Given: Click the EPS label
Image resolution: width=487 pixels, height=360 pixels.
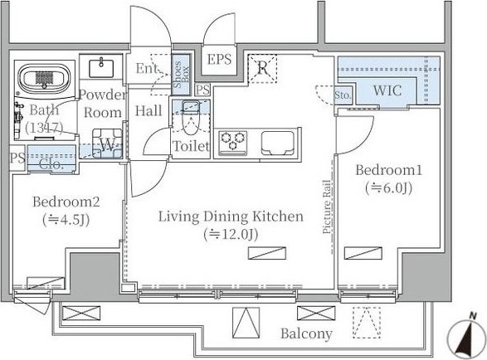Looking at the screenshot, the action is pos(219,59).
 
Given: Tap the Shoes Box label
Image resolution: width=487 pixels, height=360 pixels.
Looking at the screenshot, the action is pos(181,75).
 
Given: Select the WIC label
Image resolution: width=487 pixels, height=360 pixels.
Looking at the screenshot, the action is pos(387,90).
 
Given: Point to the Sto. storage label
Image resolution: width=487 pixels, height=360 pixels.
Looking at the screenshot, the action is pos(343,95).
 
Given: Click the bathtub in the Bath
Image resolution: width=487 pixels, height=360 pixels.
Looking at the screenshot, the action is pos(42,77).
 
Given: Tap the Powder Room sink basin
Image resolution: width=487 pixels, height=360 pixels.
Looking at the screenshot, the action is pos(101,68).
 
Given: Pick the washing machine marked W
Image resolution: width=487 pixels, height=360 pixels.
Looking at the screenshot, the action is pos(107,144).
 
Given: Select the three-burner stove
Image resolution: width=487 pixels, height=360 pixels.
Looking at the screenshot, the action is pos(233,143).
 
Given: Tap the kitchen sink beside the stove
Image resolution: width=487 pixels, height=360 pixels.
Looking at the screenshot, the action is pos(277,143).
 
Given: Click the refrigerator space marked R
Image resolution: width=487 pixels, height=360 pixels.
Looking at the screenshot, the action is pos(262,69).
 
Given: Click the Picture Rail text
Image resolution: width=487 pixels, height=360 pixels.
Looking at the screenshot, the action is pos(327,207).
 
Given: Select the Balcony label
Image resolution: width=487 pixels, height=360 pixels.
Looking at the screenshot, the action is pos(306,333).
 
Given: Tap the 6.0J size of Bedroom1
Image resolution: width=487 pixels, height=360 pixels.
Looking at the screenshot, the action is pos(388,188).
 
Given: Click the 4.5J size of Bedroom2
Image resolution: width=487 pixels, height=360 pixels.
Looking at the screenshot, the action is pos(66,220).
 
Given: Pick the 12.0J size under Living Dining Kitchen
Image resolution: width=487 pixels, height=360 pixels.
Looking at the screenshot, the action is pos(231,235).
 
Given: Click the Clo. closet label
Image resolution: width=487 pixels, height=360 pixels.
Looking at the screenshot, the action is pos(51,164).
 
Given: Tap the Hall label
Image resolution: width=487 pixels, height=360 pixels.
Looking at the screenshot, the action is pos(149,110).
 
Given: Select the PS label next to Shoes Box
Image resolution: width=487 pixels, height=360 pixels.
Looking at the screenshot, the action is pos(202,90).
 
